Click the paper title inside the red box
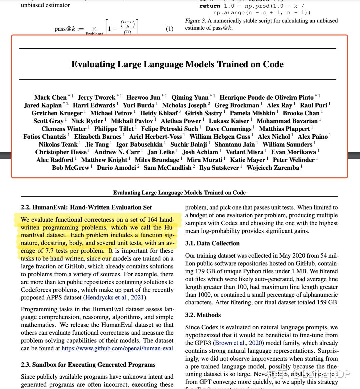click(177, 64)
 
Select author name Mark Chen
click(50, 97)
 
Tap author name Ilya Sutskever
click(219, 167)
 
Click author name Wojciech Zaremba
click(273, 167)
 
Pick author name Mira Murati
click(204, 160)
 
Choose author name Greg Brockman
click(237, 105)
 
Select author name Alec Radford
click(55, 160)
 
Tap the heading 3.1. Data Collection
click(212, 243)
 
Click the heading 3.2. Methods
click(203, 315)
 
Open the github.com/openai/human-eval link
click(118, 348)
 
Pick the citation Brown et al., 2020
click(238, 343)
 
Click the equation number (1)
click(169, 29)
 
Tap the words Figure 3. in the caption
click(195, 21)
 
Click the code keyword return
click(210, 6)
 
